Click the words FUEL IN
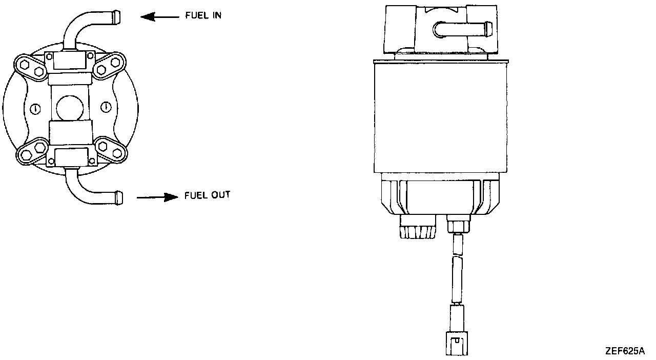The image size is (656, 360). [x=203, y=16]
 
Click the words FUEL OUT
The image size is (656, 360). [x=207, y=195]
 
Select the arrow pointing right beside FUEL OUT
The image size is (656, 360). [x=157, y=197]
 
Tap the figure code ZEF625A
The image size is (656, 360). [x=624, y=351]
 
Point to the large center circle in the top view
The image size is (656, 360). [x=70, y=107]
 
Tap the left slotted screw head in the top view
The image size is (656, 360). [x=35, y=108]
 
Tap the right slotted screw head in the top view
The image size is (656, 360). [x=106, y=107]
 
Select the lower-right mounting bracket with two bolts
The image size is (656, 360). [x=110, y=149]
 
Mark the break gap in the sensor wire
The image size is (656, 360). [x=457, y=254]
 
